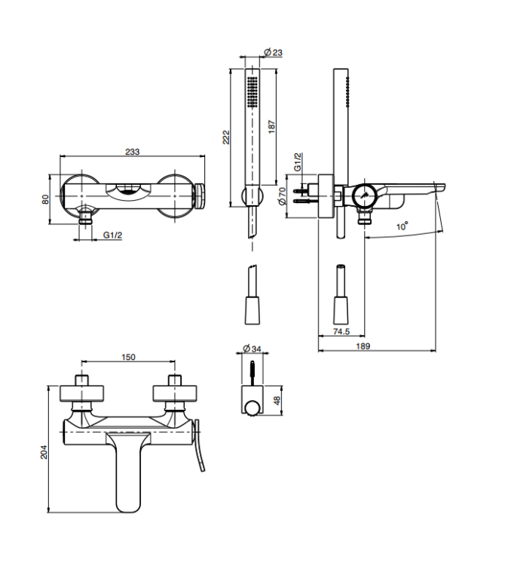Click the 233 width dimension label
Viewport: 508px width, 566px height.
133,152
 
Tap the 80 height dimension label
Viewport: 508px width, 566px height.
45,199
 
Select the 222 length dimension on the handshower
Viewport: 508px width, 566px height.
225,137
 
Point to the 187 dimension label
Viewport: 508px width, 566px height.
272,127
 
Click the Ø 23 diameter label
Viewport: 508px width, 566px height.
273,52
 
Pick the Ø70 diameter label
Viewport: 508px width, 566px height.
283,196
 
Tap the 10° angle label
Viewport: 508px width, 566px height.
402,226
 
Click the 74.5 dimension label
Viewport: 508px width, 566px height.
341,331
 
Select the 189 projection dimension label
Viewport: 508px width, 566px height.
363,346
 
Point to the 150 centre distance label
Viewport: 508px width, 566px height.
128,357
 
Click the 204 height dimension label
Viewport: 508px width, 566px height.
44,451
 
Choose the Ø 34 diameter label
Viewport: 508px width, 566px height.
252,349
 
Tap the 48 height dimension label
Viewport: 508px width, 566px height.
277,400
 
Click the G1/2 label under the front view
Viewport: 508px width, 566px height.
113,235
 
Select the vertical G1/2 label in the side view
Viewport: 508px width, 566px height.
298,161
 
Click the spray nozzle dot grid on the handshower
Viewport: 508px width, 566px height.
252,91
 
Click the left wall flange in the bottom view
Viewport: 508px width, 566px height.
82,393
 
